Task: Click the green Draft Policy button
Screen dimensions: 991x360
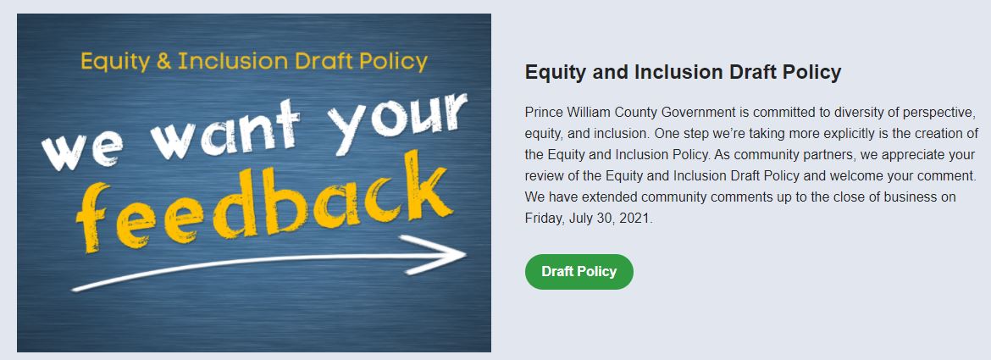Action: pos(579,272)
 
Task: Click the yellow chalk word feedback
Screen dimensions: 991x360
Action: pos(263,202)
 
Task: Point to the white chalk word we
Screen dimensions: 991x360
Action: pos(81,152)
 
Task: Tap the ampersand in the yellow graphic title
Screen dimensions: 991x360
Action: pos(163,62)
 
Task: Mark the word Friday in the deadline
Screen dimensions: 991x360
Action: pos(543,219)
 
